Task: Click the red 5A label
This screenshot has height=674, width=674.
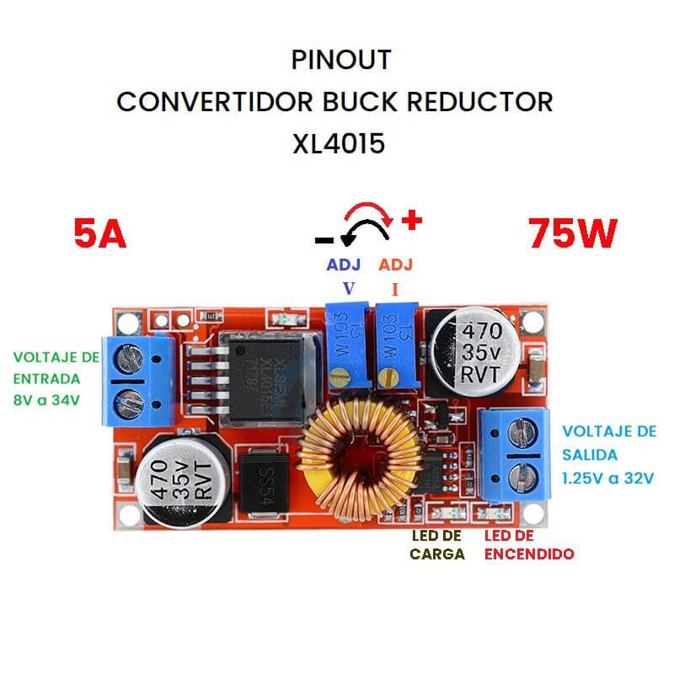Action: (100, 233)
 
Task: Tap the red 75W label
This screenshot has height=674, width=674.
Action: (573, 233)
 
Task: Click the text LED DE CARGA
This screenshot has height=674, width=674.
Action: (437, 545)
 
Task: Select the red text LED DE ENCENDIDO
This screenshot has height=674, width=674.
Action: (529, 545)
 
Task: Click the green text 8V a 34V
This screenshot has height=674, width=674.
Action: (46, 400)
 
